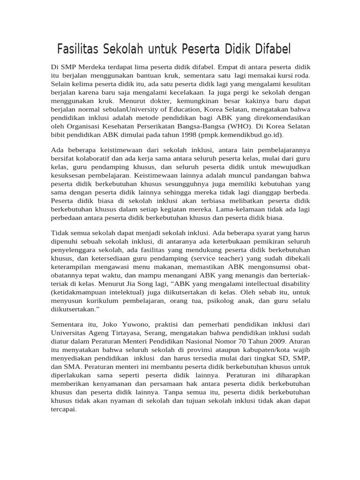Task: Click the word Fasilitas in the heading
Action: [78, 49]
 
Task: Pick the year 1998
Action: [187, 135]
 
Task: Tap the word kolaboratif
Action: [100, 158]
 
